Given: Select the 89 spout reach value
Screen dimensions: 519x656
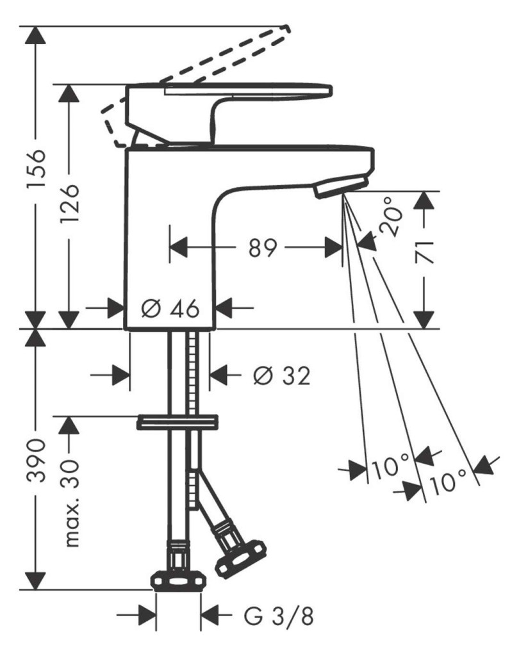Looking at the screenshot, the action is pyautogui.click(x=263, y=248).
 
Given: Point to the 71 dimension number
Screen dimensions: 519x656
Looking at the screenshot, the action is pyautogui.click(x=425, y=253).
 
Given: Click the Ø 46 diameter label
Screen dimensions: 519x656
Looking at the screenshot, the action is pyautogui.click(x=170, y=309).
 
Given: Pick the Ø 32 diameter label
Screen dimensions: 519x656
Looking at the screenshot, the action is pyautogui.click(x=282, y=375).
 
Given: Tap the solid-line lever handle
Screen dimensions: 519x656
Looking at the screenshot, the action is pyautogui.click(x=229, y=113).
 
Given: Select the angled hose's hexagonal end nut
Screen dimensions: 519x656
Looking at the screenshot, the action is pyautogui.click(x=241, y=558).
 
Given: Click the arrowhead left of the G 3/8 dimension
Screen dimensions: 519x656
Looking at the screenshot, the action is pyautogui.click(x=148, y=615).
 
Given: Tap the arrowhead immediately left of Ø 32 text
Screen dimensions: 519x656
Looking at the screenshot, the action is pyautogui.click(x=219, y=374).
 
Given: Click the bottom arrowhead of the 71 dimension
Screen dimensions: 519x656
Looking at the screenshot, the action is pyautogui.click(x=425, y=320).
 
